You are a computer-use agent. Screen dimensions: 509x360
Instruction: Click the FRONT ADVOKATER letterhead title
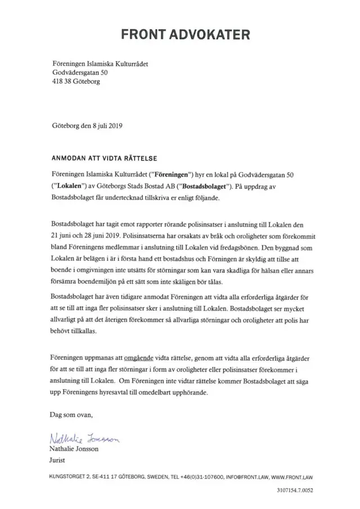pos(186,35)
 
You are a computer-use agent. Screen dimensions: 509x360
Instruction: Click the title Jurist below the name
pos(58,461)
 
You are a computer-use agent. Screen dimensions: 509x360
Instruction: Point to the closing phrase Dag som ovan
pos(71,416)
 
